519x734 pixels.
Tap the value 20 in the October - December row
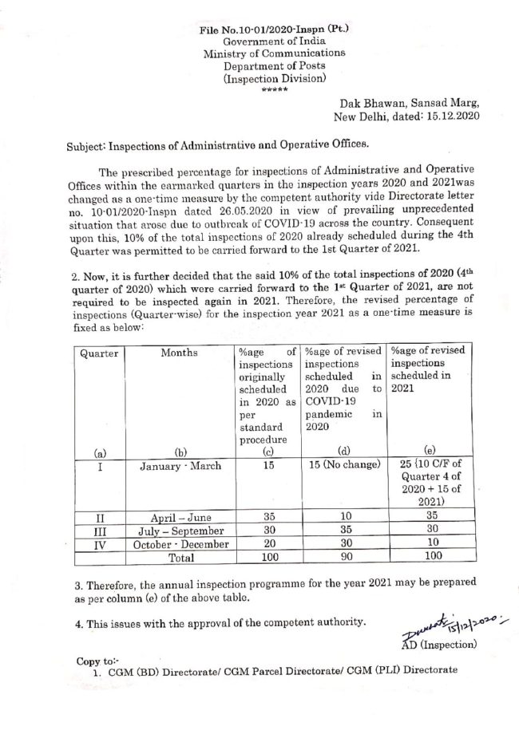pyautogui.click(x=265, y=543)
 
